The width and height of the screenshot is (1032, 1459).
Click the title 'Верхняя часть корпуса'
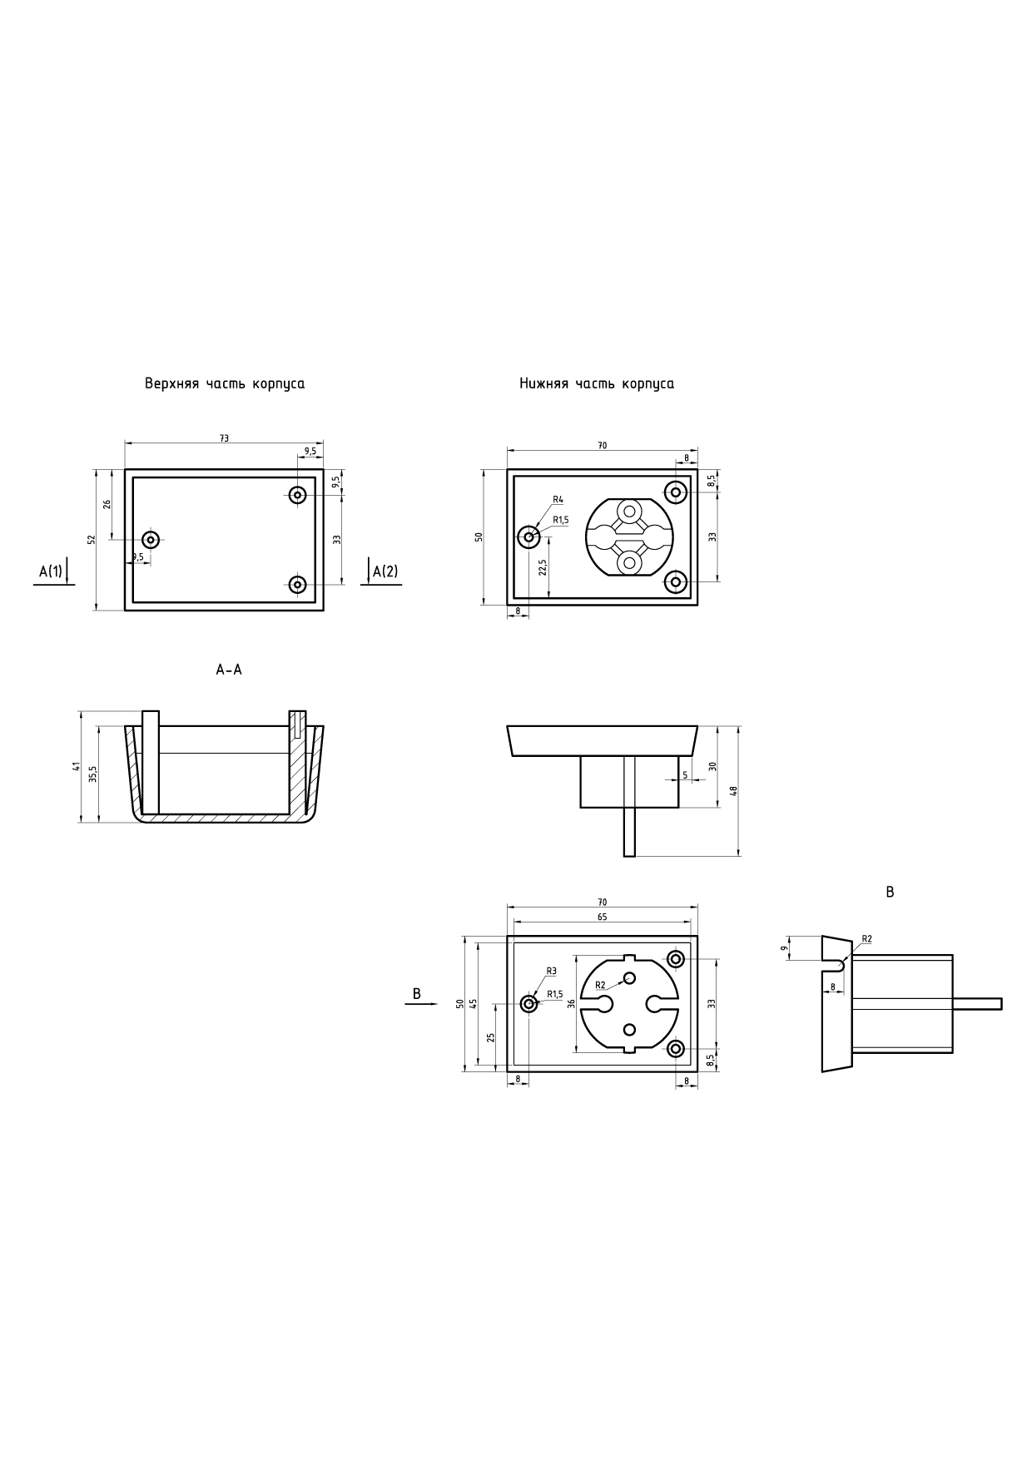click(225, 384)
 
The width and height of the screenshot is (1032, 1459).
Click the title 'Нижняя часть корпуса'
click(597, 384)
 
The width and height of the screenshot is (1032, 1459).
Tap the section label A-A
click(229, 670)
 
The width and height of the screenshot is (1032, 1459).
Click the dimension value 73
click(224, 438)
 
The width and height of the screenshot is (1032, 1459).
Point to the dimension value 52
click(92, 540)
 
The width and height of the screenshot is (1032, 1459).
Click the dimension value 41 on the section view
click(75, 766)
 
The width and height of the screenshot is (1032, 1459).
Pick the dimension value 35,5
click(93, 774)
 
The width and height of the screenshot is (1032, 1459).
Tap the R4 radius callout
click(558, 499)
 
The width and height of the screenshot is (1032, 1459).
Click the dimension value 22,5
click(543, 567)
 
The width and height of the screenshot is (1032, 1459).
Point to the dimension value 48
click(734, 790)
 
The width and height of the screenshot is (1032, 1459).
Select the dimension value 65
click(602, 917)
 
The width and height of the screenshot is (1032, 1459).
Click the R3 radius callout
click(551, 971)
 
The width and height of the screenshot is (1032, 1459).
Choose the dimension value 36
click(571, 1003)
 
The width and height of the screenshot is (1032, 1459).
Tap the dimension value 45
click(474, 1003)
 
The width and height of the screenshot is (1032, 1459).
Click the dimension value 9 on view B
click(784, 947)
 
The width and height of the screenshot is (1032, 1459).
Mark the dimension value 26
click(107, 504)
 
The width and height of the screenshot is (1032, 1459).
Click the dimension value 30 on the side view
click(712, 766)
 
